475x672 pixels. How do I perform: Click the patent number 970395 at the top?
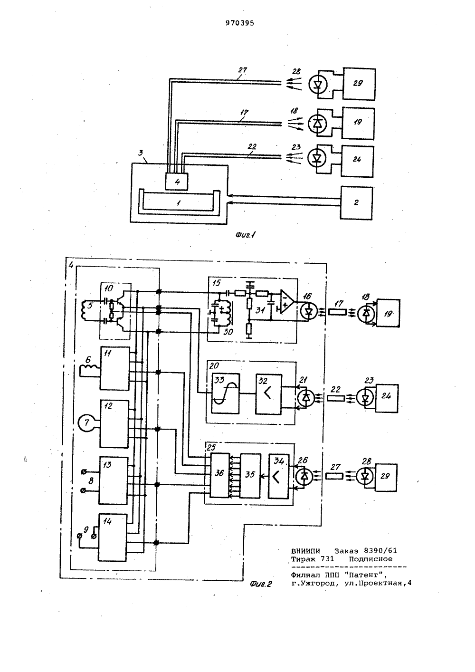pos(239,23)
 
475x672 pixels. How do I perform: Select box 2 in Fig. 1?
pos(356,203)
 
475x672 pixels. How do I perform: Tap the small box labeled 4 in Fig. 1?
pos(177,182)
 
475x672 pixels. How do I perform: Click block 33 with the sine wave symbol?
pos(225,394)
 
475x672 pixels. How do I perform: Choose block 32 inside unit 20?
pos(269,394)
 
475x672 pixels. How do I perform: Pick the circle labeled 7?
pos(86,422)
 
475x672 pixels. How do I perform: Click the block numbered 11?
pos(115,368)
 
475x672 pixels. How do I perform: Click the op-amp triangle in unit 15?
pos(287,301)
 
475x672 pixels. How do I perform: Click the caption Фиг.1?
pos(245,235)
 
